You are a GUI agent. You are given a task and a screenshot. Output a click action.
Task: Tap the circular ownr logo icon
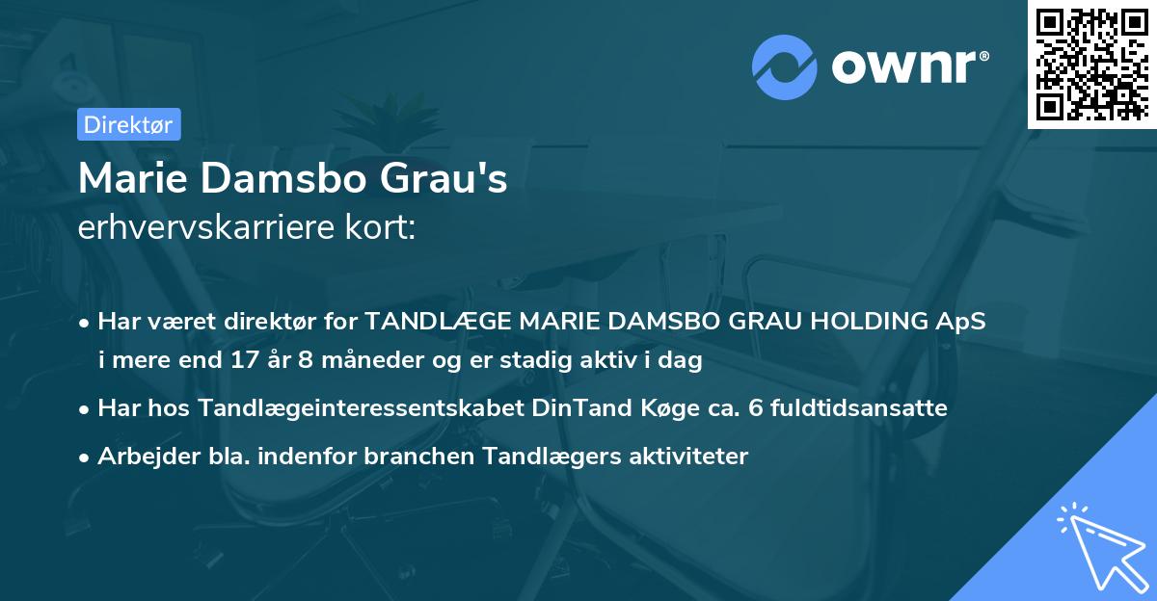tap(785, 65)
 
